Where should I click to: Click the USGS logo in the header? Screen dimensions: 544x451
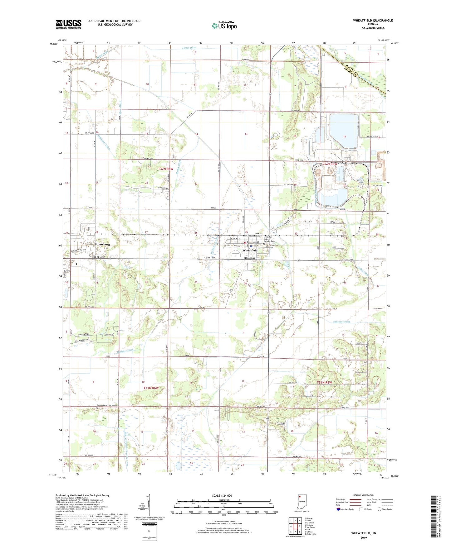[69, 24]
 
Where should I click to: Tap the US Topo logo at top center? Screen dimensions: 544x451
[224, 26]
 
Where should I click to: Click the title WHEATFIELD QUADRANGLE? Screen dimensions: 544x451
[373, 21]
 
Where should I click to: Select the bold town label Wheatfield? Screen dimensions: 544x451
[250, 251]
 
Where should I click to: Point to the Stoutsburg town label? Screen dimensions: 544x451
[102, 245]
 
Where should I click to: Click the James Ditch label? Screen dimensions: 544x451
[189, 48]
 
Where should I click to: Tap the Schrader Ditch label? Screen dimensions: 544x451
[342, 322]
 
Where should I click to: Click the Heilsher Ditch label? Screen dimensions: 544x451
[125, 351]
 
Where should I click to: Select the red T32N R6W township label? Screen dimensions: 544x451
[165, 169]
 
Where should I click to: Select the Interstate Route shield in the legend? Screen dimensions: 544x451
[338, 509]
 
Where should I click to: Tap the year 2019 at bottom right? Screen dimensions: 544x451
[364, 538]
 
